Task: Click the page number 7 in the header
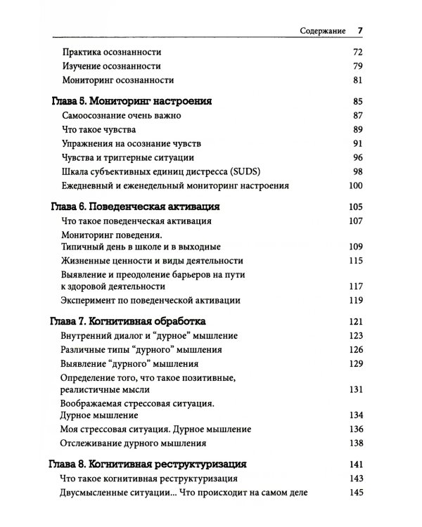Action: click(x=359, y=30)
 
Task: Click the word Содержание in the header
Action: click(x=321, y=31)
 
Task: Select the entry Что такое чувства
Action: click(x=98, y=129)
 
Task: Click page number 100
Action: click(x=355, y=186)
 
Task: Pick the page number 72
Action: click(x=357, y=52)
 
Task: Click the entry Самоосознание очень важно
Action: click(x=121, y=115)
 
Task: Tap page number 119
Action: click(x=355, y=300)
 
